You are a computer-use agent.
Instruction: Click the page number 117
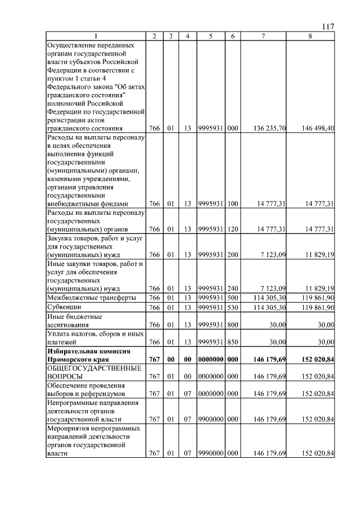point(328,26)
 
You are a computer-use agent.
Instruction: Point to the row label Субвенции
point(64,308)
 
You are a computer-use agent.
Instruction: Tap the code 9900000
point(210,419)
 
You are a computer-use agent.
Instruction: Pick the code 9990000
point(210,453)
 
